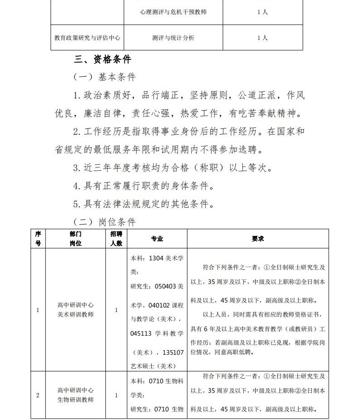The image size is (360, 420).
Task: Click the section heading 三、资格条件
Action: click(103, 59)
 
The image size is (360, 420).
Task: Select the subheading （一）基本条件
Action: click(104, 77)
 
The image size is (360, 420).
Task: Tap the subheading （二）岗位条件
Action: click(104, 222)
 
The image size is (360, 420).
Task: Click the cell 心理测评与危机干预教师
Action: click(173, 12)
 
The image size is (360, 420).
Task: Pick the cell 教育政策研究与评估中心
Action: click(87, 38)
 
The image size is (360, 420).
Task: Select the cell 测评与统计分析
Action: click(173, 38)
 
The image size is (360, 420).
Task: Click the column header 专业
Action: click(157, 239)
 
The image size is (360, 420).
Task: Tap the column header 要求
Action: click(257, 239)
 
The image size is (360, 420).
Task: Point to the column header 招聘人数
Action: click(116, 239)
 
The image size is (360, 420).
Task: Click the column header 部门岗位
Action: click(76, 239)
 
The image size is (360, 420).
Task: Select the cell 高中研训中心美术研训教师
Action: click(76, 310)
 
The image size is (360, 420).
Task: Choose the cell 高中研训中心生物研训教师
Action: click(76, 395)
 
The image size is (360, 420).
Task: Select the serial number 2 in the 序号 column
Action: click(38, 395)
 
